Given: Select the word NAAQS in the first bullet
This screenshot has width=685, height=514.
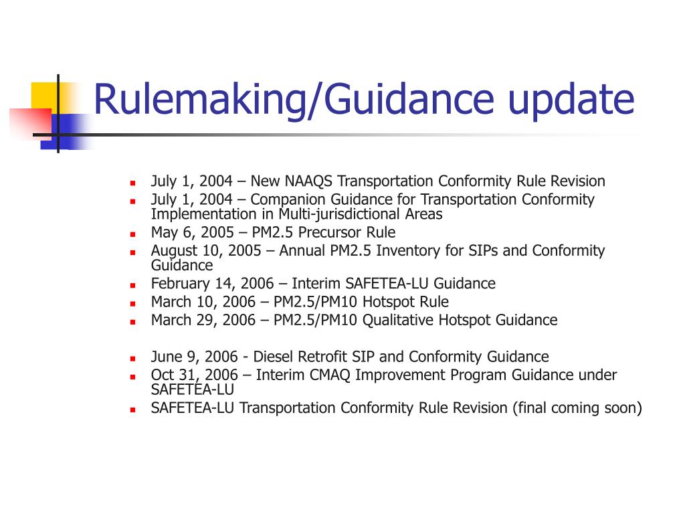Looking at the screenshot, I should (x=309, y=181).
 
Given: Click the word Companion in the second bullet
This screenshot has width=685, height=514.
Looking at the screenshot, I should (x=283, y=199).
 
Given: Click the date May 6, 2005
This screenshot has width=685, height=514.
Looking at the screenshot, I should (x=191, y=233).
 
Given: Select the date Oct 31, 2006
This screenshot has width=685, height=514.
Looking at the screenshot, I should (x=194, y=375).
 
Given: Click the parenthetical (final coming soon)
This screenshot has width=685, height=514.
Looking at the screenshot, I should (x=577, y=408).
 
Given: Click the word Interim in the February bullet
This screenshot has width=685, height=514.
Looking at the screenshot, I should (x=302, y=284).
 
